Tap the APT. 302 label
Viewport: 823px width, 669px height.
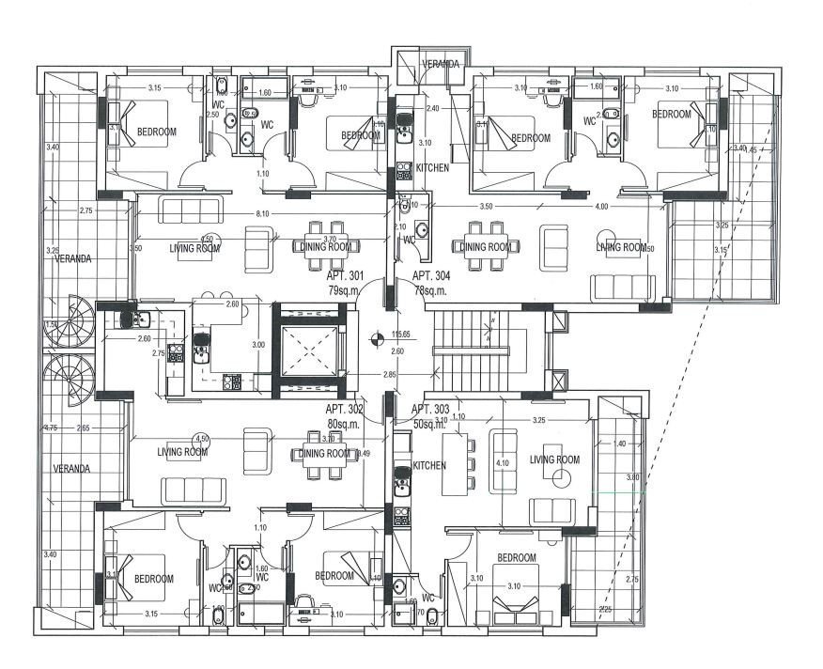pos(344,411)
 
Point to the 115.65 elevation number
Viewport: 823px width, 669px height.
pos(403,334)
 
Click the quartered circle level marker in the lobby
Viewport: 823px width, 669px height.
pos(376,341)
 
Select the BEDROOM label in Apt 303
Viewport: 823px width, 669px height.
pos(517,558)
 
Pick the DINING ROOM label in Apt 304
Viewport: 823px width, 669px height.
pos(487,247)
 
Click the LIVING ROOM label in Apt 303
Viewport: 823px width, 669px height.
pos(555,459)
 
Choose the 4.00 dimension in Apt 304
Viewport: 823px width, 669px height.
pos(601,206)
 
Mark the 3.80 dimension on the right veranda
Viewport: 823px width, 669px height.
pos(631,477)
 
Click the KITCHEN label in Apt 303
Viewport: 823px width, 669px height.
pos(429,465)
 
